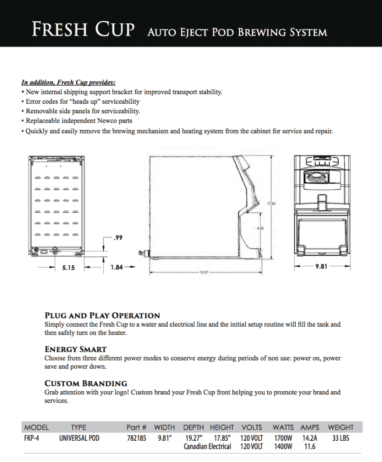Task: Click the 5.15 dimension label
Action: pos(68,268)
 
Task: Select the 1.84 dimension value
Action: pos(116,268)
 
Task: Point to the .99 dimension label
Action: pos(118,238)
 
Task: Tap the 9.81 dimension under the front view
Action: pos(321,267)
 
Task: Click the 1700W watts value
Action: pos(283,438)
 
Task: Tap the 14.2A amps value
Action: pos(309,438)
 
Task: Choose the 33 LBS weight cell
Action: pos(340,438)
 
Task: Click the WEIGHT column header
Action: pos(341,427)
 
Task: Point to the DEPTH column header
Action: pos(193,427)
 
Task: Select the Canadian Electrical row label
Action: pos(207,447)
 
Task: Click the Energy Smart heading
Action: pos(75,349)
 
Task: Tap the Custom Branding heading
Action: pos(86,383)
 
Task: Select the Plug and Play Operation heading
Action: pos(102,315)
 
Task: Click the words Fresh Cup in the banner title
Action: pos(83,30)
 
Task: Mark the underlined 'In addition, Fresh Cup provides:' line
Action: pos(68,83)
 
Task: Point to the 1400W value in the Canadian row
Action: pos(283,447)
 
